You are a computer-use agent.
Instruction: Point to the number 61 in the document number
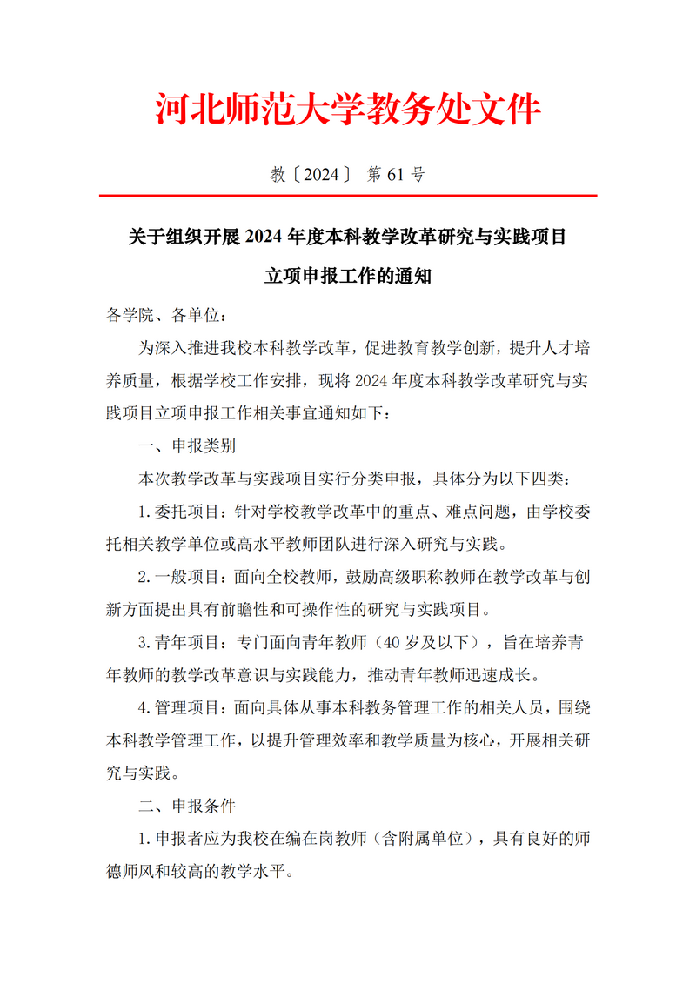tap(394, 175)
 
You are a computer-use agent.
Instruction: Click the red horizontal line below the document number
tap(348, 197)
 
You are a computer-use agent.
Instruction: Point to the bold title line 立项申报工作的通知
tap(348, 278)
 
